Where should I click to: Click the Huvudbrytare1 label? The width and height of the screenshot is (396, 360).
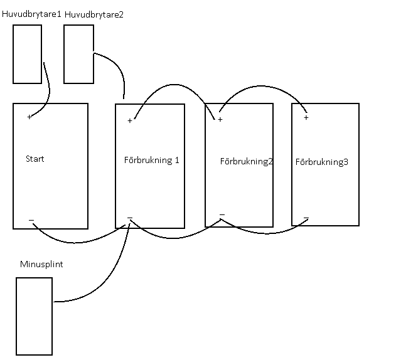click(31, 14)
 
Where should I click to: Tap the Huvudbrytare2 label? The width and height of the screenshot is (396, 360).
click(94, 14)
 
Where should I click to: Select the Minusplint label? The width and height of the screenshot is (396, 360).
click(41, 264)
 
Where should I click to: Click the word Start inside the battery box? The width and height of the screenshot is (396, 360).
click(35, 159)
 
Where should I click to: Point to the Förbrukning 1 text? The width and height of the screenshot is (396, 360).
click(151, 160)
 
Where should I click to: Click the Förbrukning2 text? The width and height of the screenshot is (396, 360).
click(247, 161)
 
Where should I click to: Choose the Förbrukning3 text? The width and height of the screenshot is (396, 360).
click(322, 162)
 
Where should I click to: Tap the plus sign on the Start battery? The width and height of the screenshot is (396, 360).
click(29, 117)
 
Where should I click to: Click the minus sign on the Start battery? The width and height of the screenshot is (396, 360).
click(31, 220)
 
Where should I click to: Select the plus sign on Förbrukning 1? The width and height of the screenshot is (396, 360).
click(130, 120)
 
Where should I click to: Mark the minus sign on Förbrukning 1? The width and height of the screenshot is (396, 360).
click(130, 218)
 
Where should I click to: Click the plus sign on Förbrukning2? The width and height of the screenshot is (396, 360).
click(220, 119)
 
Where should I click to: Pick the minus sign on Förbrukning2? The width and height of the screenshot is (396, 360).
click(222, 215)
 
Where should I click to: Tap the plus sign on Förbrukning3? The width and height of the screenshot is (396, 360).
click(306, 117)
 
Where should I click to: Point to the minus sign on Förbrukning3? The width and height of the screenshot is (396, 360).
click(306, 218)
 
